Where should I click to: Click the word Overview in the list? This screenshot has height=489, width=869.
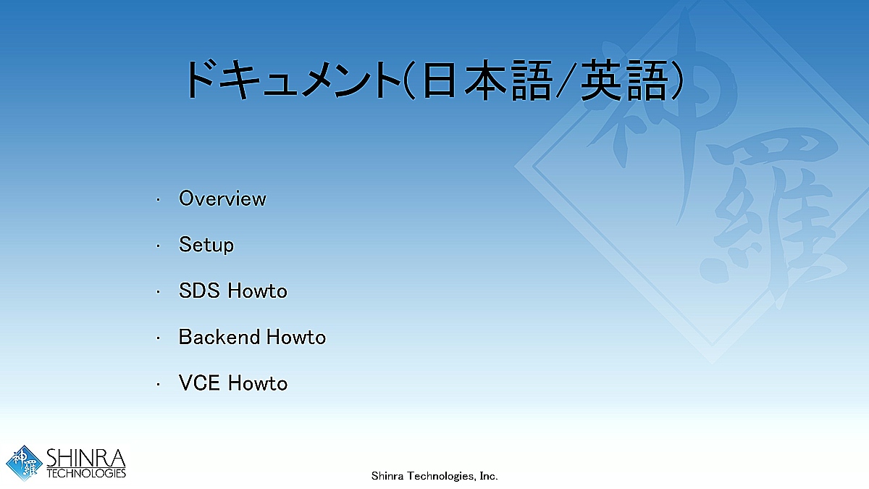point(222,198)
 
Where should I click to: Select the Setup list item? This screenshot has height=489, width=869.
point(206,245)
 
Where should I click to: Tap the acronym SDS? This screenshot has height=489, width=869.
point(199,291)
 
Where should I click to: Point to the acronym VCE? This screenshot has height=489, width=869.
point(199,383)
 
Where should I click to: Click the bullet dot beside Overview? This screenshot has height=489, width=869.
point(158,200)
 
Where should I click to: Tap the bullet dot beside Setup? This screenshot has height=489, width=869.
point(158,246)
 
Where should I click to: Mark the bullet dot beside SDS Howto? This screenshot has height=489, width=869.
point(158,292)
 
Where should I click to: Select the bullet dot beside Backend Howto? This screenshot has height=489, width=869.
point(158,338)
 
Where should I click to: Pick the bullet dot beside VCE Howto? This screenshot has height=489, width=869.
point(158,385)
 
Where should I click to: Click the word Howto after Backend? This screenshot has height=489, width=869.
point(296,337)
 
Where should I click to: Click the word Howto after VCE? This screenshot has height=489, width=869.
point(258,383)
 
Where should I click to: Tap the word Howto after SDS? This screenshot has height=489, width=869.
point(257,291)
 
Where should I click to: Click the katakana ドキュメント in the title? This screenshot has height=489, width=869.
point(293,80)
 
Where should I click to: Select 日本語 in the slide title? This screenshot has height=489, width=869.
point(487,80)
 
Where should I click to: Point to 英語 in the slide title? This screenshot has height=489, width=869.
point(624,80)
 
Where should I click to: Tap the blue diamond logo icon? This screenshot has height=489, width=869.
point(24,463)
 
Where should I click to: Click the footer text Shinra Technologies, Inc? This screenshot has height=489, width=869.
point(434,476)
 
